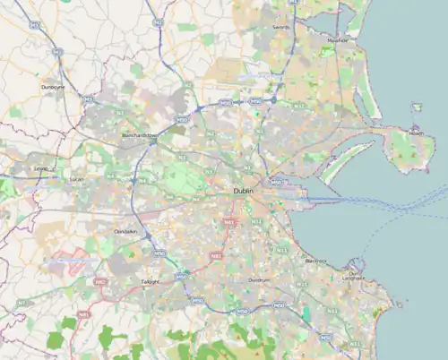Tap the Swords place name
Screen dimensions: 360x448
tap(280, 28)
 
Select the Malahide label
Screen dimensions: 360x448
tap(337, 40)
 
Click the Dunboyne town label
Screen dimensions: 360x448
tap(54, 86)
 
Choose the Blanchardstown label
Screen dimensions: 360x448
tap(139, 136)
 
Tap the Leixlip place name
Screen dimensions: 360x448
tap(39, 167)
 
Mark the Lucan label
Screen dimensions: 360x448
tap(76, 179)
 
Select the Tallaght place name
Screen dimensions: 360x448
tap(150, 281)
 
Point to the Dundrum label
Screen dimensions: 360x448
tap(259, 280)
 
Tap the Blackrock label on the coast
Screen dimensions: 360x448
tap(315, 261)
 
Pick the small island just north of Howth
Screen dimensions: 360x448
tap(417, 107)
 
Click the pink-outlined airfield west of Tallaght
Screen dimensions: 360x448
tap(70, 262)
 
